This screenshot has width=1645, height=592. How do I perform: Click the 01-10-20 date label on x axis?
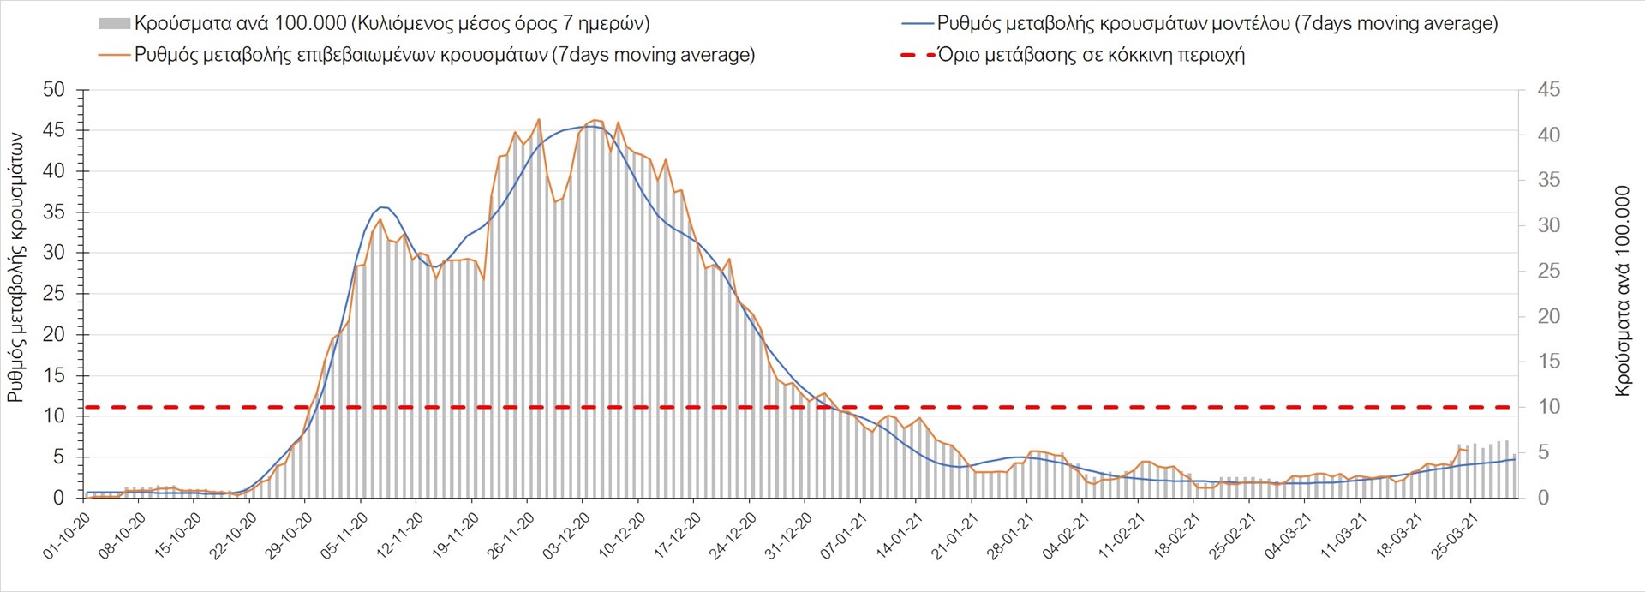click(x=67, y=536)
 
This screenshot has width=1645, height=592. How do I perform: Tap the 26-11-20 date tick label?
click(x=511, y=536)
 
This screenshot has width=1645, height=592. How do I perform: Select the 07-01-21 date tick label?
click(x=845, y=536)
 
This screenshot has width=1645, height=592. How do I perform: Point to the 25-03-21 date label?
click(x=1456, y=536)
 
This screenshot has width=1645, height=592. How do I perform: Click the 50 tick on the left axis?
click(x=53, y=90)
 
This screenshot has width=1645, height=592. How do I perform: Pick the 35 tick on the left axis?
click(x=53, y=212)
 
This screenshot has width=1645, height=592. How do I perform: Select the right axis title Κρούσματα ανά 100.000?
click(x=1622, y=291)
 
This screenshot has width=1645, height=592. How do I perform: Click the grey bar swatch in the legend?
click(x=114, y=24)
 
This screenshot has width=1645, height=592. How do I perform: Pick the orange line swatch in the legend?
click(x=114, y=55)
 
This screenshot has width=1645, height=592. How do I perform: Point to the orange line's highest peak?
click(x=539, y=119)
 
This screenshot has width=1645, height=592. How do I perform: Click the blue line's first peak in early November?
click(x=382, y=207)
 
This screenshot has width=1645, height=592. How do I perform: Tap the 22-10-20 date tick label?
click(x=234, y=536)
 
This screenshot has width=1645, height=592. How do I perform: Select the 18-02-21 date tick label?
click(x=1178, y=536)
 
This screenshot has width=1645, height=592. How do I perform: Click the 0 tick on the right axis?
click(x=1543, y=498)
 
